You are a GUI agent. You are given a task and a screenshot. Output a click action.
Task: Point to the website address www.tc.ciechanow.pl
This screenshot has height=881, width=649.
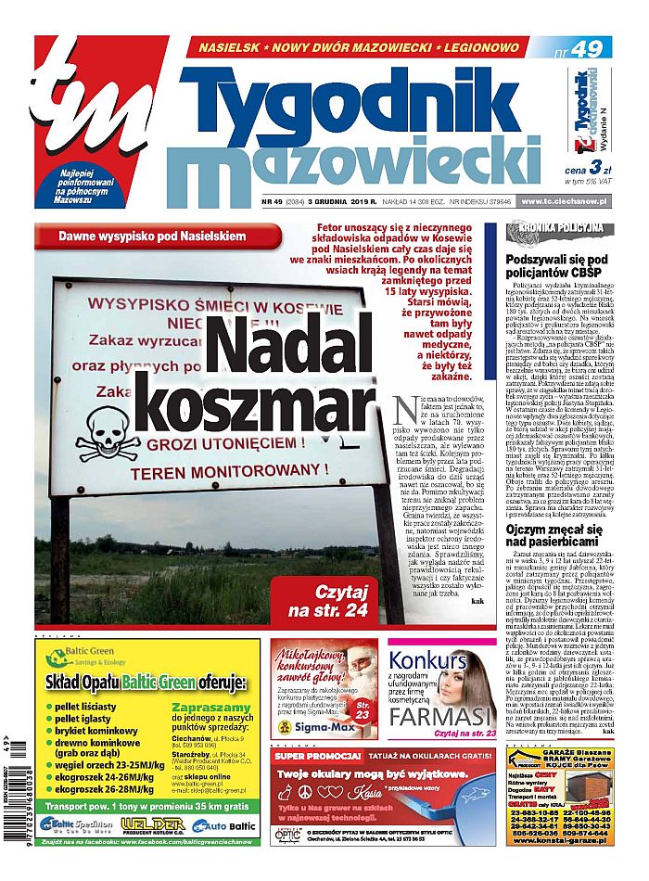click(565, 201)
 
